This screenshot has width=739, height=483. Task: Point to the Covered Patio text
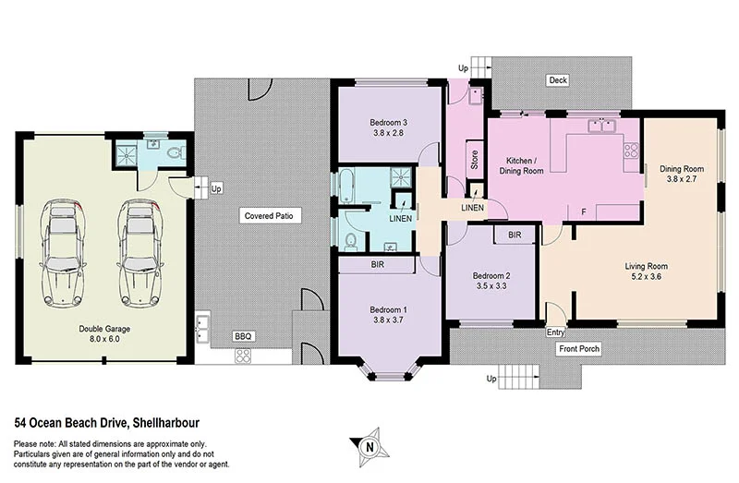(x=268, y=215)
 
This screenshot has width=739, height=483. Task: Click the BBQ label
(x=244, y=336)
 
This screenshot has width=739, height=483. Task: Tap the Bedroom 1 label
(x=389, y=308)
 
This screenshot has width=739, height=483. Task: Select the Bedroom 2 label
(x=491, y=275)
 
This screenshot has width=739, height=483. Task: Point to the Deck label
(x=557, y=80)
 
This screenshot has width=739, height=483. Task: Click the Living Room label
(x=645, y=265)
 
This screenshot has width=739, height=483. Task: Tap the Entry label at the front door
(x=555, y=332)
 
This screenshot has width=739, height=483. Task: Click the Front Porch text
(x=580, y=350)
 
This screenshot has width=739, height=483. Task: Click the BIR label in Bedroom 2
(x=515, y=235)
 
